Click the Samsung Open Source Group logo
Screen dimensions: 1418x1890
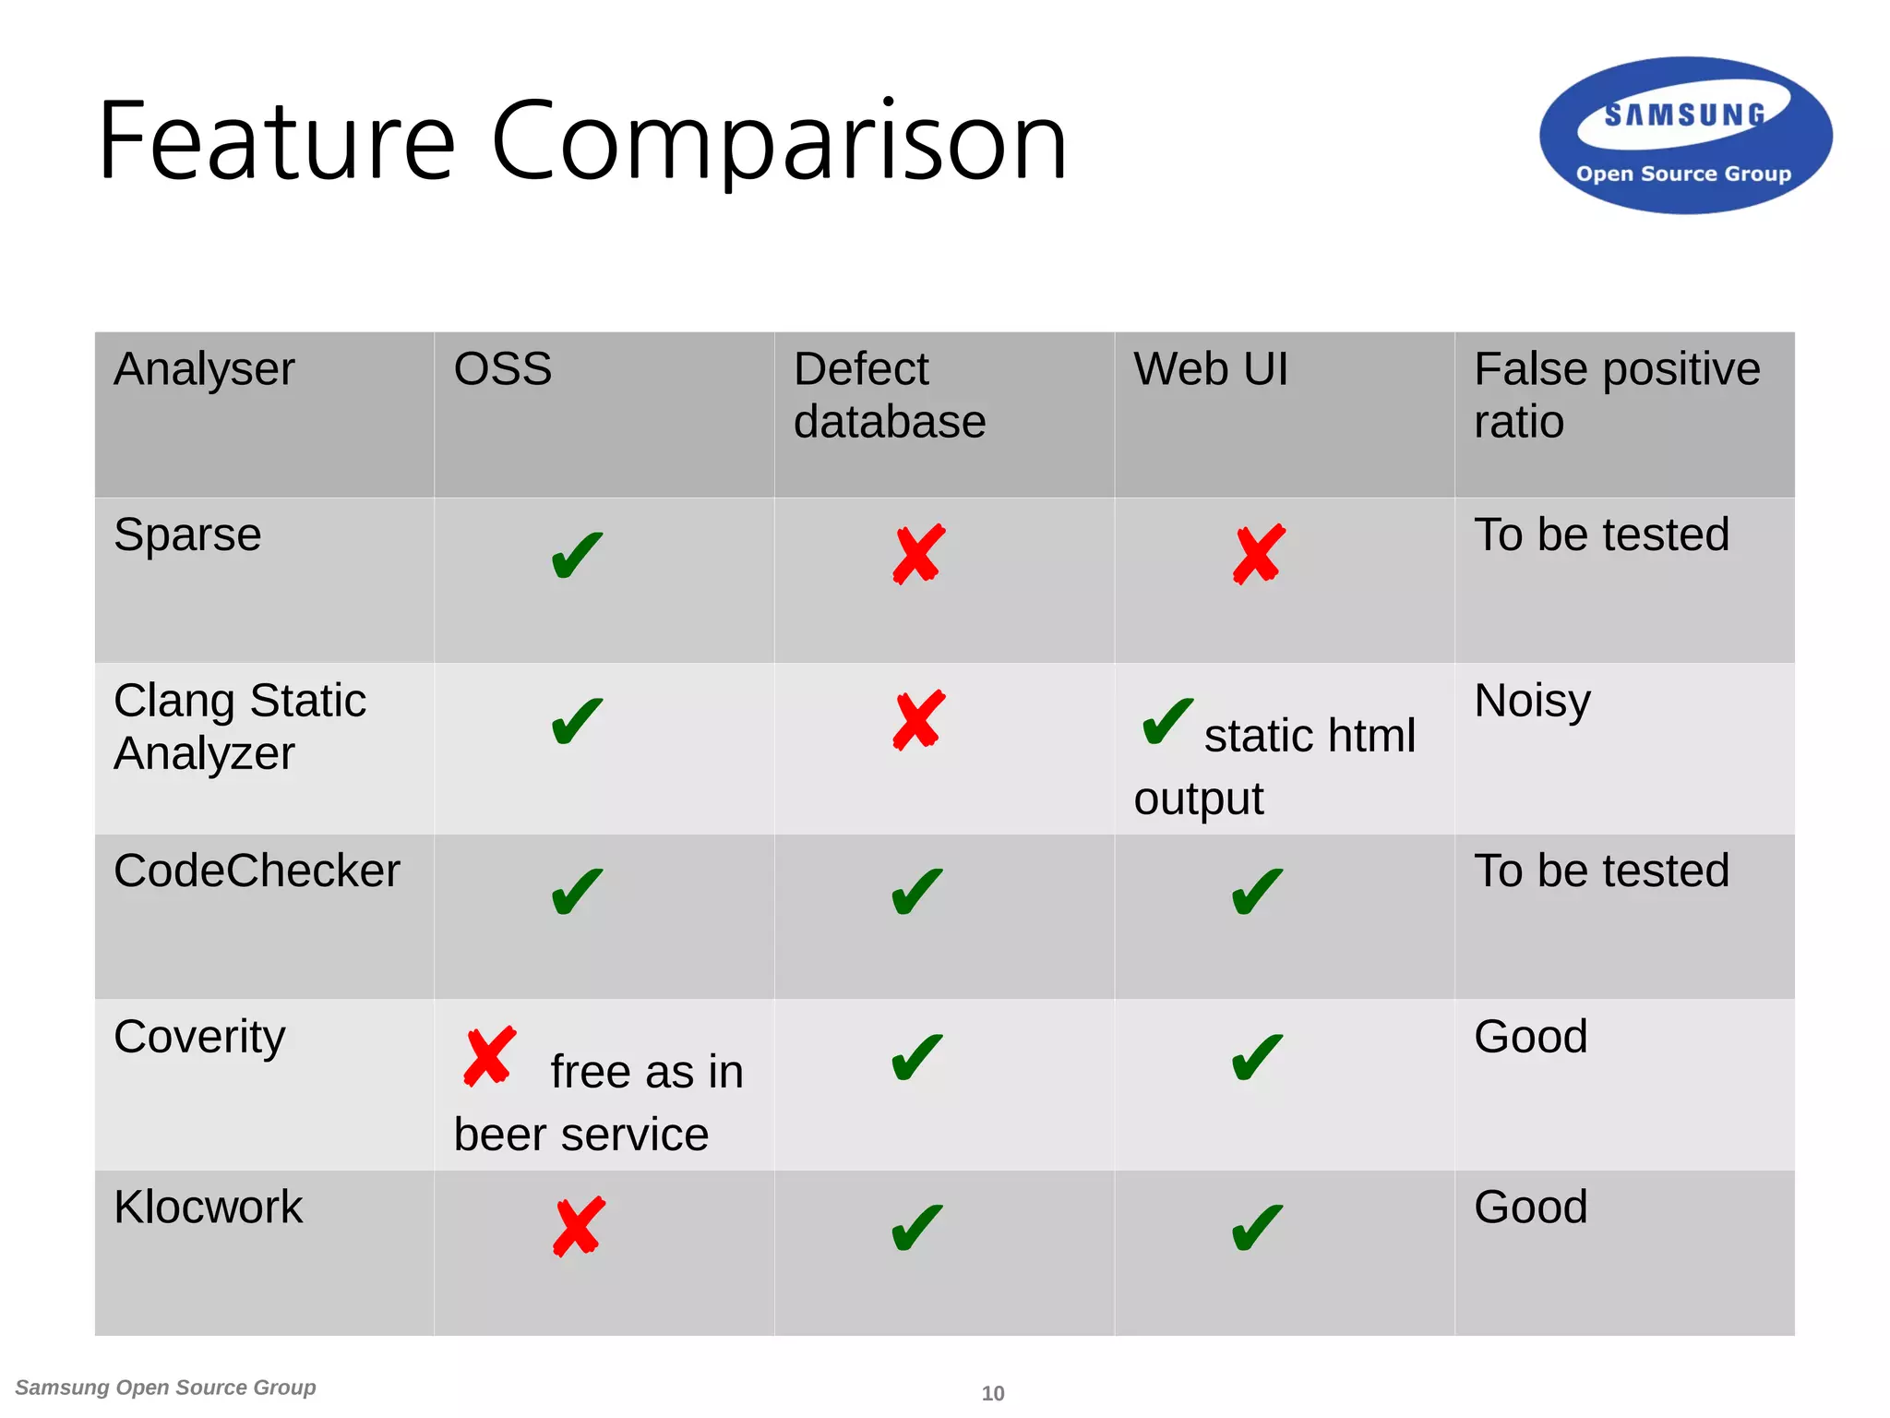[x=1685, y=137]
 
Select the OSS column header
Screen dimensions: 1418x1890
[x=503, y=369]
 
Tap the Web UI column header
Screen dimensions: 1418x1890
[x=1210, y=369]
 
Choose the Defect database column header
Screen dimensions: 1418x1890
[x=889, y=395]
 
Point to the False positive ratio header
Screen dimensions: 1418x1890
[x=1616, y=395]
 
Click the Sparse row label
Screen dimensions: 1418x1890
[x=187, y=535]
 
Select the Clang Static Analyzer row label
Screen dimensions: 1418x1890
[x=239, y=727]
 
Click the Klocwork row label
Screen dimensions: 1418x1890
[x=208, y=1208]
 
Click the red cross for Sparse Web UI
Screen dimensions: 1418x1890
[x=1258, y=555]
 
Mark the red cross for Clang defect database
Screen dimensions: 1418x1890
[x=918, y=720]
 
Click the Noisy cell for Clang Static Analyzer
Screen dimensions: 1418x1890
[x=1532, y=702]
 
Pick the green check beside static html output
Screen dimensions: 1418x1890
[x=1166, y=721]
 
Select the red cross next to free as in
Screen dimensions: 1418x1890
[x=489, y=1056]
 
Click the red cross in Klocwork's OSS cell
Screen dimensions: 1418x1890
[x=579, y=1227]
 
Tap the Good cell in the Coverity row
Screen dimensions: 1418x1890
[x=1530, y=1037]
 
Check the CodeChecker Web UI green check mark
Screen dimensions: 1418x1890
[x=1257, y=892]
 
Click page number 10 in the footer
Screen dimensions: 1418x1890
[x=993, y=1393]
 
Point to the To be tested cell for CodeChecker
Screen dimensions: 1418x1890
[x=1601, y=871]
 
